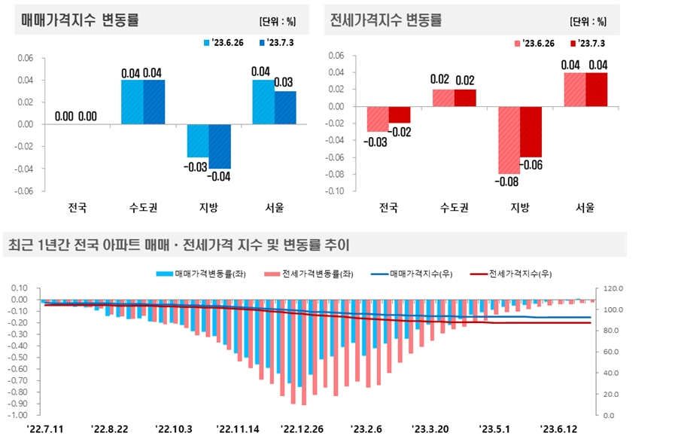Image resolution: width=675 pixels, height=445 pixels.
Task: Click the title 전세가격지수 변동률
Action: coord(386,20)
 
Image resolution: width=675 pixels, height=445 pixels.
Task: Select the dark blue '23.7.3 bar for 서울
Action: coord(285,107)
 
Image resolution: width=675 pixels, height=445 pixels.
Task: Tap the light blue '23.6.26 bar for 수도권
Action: coord(132,102)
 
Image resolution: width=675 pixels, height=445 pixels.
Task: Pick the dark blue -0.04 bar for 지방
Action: coord(220,146)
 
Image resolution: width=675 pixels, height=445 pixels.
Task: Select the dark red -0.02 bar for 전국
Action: coord(400,114)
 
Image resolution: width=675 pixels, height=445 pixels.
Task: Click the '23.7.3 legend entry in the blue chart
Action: coord(277,42)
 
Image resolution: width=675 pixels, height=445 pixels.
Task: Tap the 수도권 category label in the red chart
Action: coord(455,207)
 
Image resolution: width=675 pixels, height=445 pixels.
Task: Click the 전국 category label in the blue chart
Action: coord(78,207)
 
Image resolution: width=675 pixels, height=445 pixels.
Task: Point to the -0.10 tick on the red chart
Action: coord(335,191)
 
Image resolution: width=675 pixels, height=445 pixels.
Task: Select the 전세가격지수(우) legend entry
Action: coord(511,274)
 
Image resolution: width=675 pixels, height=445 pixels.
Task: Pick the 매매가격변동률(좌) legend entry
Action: coord(198,274)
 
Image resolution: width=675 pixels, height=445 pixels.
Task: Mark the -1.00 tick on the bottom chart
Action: coord(19,415)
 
